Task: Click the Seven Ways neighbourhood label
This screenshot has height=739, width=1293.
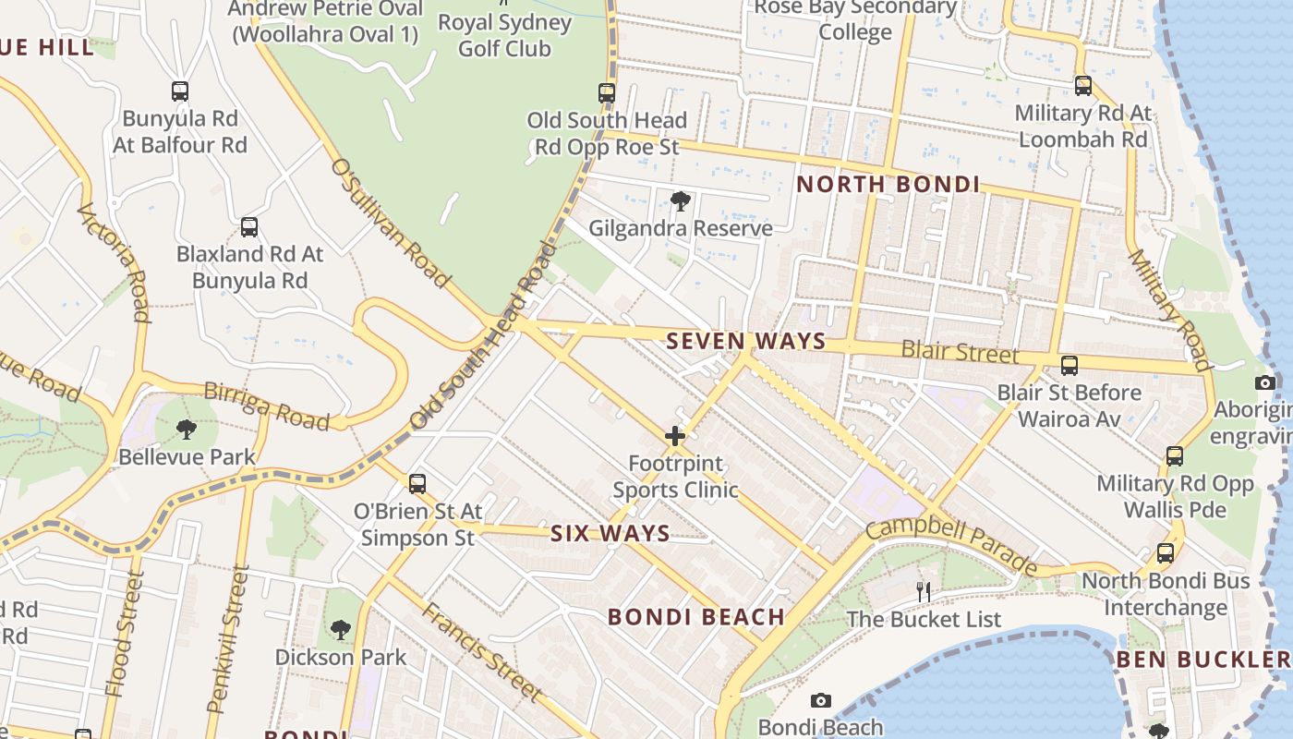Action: pyautogui.click(x=745, y=341)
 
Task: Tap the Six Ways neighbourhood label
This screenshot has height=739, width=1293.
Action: pyautogui.click(x=610, y=533)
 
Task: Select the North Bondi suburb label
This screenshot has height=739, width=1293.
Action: pyautogui.click(x=888, y=184)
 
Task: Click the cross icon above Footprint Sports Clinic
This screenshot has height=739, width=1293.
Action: pyautogui.click(x=675, y=435)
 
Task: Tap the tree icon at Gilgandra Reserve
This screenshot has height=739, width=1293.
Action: pyautogui.click(x=681, y=200)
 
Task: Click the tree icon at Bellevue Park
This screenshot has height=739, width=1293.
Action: pyautogui.click(x=186, y=429)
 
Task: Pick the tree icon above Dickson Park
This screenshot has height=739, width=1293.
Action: pyautogui.click(x=340, y=630)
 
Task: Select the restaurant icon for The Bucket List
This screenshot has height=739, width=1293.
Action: pyautogui.click(x=923, y=591)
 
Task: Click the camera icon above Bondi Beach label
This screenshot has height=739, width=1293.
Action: pyautogui.click(x=820, y=700)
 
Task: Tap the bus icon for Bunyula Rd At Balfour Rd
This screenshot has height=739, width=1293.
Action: pyautogui.click(x=180, y=91)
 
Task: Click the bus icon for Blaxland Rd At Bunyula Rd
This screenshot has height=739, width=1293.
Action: pyautogui.click(x=248, y=226)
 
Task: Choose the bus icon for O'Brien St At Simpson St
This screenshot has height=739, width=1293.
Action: pyautogui.click(x=417, y=483)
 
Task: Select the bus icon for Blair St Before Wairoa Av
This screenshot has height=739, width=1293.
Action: pyautogui.click(x=1069, y=365)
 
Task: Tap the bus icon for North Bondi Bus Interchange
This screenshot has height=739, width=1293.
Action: pyautogui.click(x=1166, y=553)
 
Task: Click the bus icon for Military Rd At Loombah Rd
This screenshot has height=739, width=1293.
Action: pyautogui.click(x=1082, y=86)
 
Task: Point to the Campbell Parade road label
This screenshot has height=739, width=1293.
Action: pyautogui.click(x=950, y=544)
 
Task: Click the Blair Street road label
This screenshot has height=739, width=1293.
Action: pyautogui.click(x=960, y=352)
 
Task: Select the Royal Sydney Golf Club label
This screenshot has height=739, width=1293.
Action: pyautogui.click(x=504, y=35)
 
